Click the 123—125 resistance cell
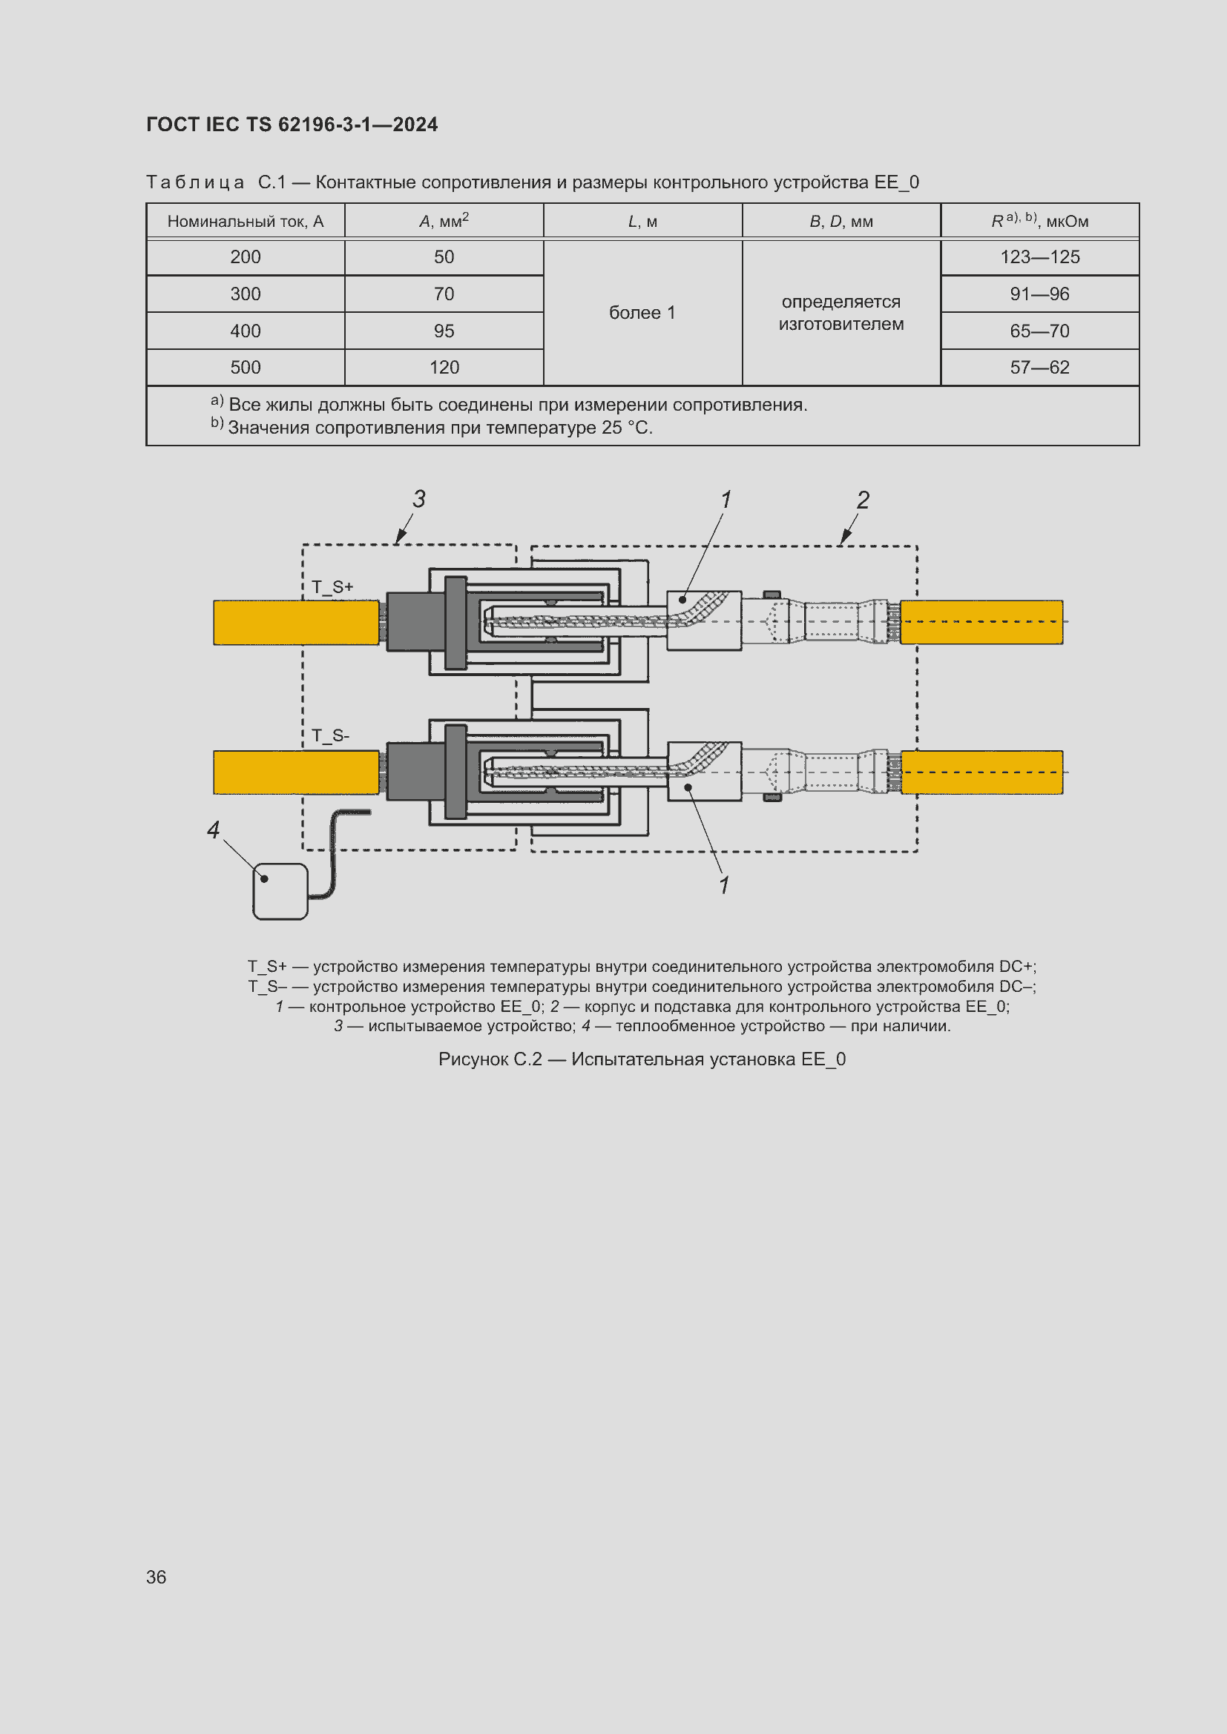(1039, 257)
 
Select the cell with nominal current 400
(246, 331)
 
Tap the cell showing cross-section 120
(444, 368)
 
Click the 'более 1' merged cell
(642, 313)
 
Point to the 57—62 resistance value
(1039, 368)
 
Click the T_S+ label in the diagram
(332, 587)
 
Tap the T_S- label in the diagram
(331, 735)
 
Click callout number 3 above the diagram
(419, 499)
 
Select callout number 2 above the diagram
(863, 500)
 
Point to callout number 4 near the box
(213, 830)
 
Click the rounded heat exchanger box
(280, 892)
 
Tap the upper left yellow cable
(295, 622)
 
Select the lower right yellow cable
(981, 772)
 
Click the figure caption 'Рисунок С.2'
(642, 1059)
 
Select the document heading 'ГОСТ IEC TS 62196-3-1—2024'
(292, 125)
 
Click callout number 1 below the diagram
(725, 885)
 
